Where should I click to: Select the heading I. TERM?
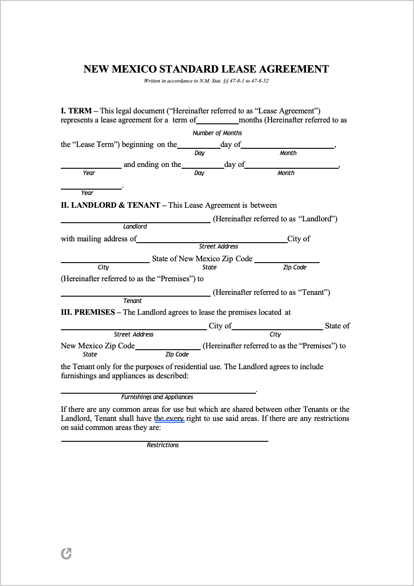click(76, 111)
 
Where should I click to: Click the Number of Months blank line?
click(217, 121)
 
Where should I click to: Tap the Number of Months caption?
click(217, 133)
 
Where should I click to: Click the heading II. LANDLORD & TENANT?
click(110, 205)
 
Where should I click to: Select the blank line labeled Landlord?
click(135, 220)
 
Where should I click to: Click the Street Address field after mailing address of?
click(212, 239)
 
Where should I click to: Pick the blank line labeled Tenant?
click(135, 293)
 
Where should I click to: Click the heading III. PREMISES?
click(88, 312)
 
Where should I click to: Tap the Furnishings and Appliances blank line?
click(158, 390)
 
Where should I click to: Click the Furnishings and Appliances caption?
click(157, 397)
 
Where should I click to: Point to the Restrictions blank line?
click(164, 438)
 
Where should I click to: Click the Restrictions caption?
click(163, 445)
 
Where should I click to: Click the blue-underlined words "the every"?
click(169, 419)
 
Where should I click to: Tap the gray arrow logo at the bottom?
click(66, 553)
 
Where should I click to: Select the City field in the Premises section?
click(277, 327)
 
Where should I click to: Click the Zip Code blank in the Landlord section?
click(286, 259)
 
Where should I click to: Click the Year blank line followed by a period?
click(91, 186)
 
